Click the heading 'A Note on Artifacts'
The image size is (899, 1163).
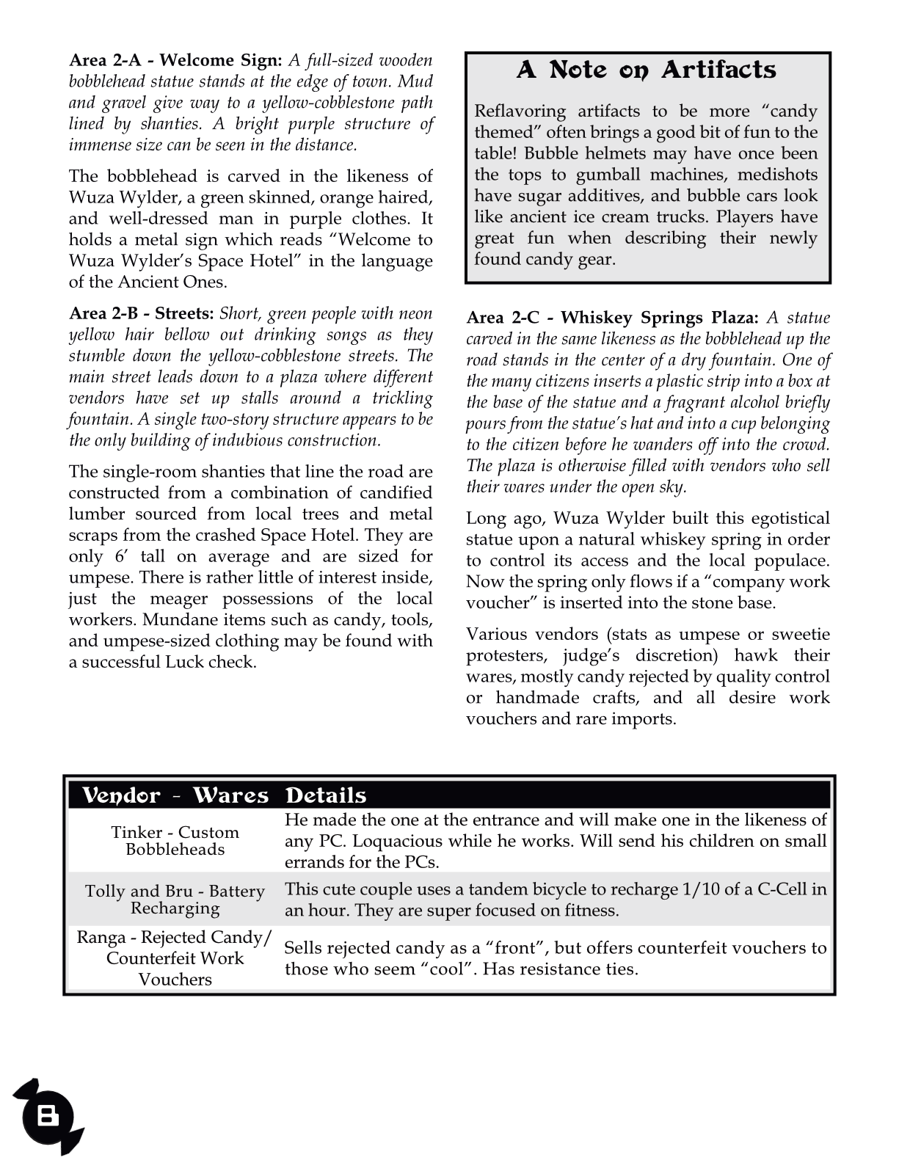click(x=647, y=70)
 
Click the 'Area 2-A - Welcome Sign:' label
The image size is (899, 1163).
click(x=175, y=60)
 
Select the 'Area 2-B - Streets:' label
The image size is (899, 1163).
click(x=141, y=314)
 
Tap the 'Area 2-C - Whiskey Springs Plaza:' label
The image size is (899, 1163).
click(x=612, y=318)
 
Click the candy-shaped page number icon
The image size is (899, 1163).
click(x=48, y=1117)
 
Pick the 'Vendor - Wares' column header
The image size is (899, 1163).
click(x=175, y=796)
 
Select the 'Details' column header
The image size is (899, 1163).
click(x=325, y=796)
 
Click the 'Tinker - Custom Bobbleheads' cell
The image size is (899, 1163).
click(x=175, y=841)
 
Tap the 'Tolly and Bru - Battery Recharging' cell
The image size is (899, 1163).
click(x=175, y=900)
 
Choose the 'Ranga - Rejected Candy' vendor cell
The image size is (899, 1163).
click(x=175, y=958)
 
